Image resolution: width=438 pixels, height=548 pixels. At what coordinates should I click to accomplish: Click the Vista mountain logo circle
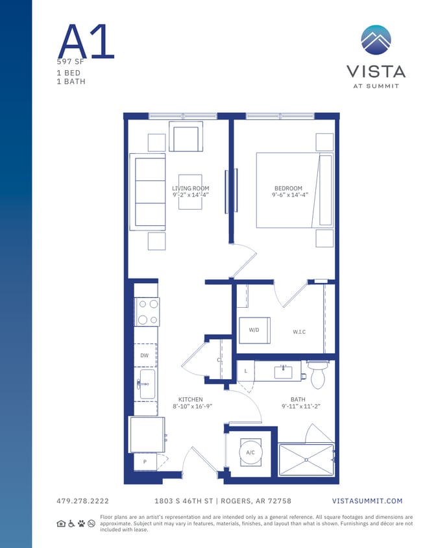[376, 40]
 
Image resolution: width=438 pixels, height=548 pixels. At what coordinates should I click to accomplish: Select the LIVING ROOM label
[190, 188]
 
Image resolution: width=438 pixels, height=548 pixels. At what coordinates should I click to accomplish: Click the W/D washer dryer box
[254, 330]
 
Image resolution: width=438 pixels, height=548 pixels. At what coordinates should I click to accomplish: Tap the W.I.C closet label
[299, 332]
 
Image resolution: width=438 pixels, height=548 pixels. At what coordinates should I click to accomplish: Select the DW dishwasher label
[145, 355]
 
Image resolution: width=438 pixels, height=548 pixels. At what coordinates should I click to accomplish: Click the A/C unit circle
[250, 452]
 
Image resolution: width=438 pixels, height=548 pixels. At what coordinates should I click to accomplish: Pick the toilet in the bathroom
[318, 374]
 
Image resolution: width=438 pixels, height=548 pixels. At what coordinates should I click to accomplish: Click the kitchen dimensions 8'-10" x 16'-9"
[193, 406]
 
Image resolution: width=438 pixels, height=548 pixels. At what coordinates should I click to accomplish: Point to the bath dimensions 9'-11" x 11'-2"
[301, 406]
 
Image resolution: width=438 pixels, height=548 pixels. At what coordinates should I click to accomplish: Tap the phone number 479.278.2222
[82, 501]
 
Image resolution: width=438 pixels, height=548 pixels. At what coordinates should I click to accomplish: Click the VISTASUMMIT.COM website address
[367, 501]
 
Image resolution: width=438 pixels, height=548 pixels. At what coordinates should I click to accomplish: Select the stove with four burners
[147, 312]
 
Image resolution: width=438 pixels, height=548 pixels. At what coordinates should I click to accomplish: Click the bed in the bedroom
[295, 190]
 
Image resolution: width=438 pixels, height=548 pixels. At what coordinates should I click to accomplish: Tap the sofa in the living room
[147, 191]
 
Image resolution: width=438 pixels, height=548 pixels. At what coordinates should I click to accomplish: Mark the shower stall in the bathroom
[306, 460]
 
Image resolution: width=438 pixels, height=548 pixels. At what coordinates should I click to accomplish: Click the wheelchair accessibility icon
[71, 523]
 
